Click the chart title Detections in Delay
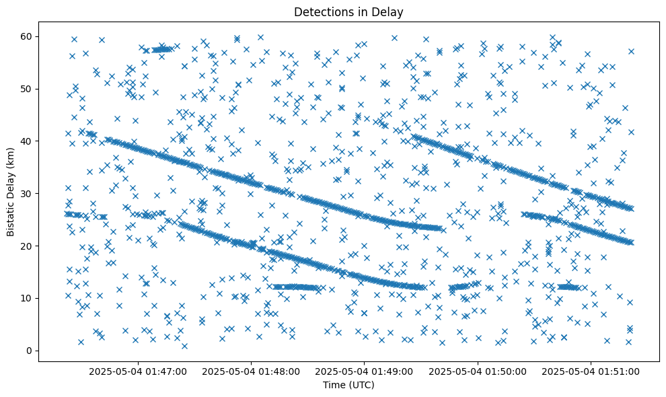pyautogui.click(x=344, y=11)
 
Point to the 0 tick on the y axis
pyautogui.click(x=30, y=351)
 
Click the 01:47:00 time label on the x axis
pyautogui.click(x=138, y=371)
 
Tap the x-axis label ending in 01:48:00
pyautogui.click(x=252, y=371)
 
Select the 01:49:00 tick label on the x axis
pyautogui.click(x=365, y=371)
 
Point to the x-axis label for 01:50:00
pyautogui.click(x=478, y=371)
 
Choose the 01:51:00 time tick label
pyautogui.click(x=592, y=371)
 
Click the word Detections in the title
pyautogui.click(x=320, y=11)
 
